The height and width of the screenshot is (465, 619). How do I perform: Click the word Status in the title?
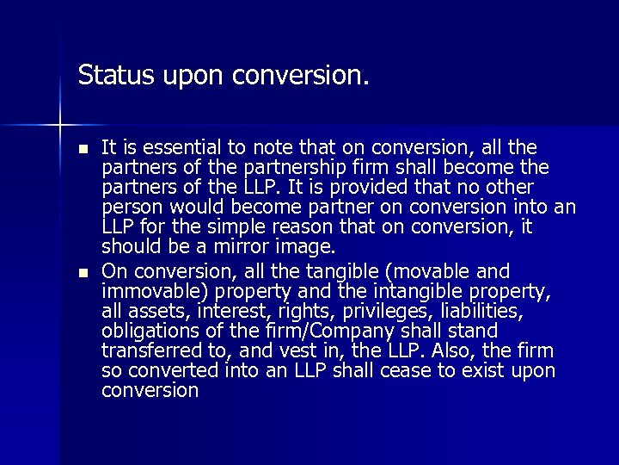[x=106, y=75]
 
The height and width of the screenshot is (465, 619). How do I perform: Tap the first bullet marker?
[x=83, y=148]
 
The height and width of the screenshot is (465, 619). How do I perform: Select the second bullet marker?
[x=83, y=272]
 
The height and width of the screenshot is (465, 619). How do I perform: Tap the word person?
[x=128, y=208]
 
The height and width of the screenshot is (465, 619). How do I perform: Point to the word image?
[x=304, y=248]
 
